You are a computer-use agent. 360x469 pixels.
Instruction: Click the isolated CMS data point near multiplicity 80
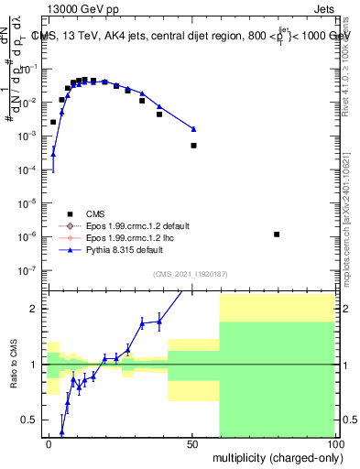pos(277,234)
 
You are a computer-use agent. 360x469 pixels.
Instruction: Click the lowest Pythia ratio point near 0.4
pos(62,431)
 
